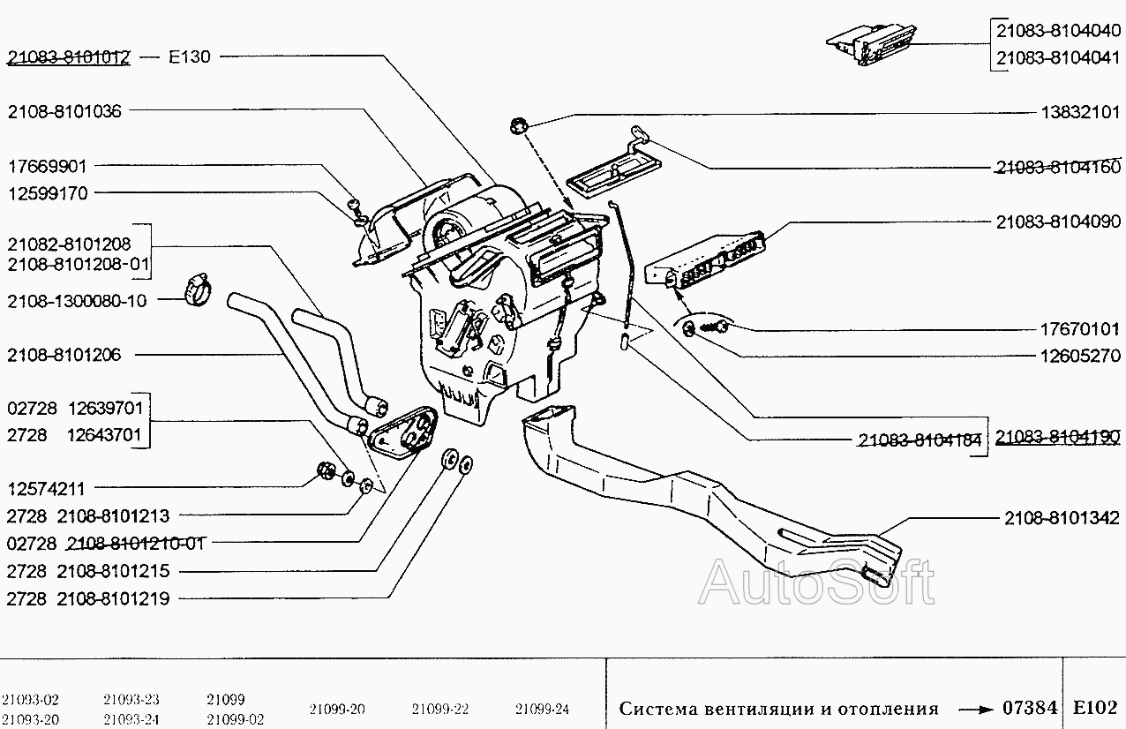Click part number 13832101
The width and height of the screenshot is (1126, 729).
pos(1079,112)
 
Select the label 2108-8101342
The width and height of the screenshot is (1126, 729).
pos(1062,518)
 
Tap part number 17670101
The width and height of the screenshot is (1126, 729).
pos(1079,330)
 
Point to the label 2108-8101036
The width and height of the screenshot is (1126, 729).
pos(65,111)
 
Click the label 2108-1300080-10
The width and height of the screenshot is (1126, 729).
pos(77,301)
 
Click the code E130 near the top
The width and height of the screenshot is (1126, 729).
pos(190,57)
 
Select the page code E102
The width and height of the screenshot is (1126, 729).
pos(1095,708)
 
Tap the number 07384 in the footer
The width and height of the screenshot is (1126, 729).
pos(1030,708)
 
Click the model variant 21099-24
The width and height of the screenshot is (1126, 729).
pos(543,709)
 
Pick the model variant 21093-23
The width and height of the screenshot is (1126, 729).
pos(131,699)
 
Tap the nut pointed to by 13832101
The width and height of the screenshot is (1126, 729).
pos(519,125)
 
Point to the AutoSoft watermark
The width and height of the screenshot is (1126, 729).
pos(816,582)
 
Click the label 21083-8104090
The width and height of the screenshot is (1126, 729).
pos(1058,222)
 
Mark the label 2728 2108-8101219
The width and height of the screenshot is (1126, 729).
pos(87,599)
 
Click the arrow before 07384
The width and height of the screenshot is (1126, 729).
pos(975,709)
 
